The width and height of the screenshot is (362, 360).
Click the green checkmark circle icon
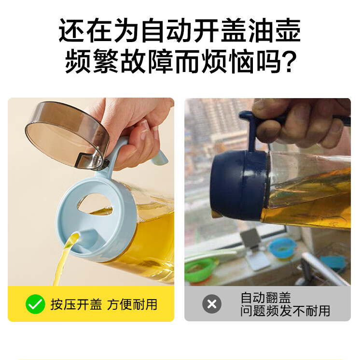click(35, 304)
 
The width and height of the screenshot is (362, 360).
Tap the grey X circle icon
click(212, 304)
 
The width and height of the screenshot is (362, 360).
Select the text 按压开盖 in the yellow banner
click(76, 304)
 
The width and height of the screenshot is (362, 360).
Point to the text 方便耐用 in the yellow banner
click(132, 304)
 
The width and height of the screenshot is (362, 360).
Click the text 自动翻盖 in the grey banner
click(265, 297)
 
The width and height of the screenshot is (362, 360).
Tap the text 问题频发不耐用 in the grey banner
click(285, 311)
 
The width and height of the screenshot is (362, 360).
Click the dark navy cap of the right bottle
click(239, 185)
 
